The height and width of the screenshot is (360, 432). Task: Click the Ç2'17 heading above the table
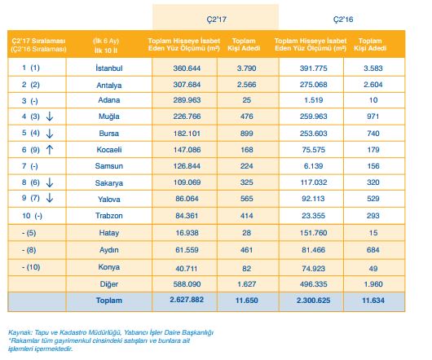tap(216, 20)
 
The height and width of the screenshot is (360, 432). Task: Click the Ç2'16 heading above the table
tap(343, 20)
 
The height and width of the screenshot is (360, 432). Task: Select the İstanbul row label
tap(109, 68)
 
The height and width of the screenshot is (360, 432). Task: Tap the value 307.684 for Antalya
tap(187, 85)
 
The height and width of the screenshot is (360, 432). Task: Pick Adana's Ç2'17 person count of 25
tap(247, 100)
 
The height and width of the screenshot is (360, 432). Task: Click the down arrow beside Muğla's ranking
tap(50, 116)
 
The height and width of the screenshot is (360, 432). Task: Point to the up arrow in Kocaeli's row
tap(50, 150)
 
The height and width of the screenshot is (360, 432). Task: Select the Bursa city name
tap(109, 134)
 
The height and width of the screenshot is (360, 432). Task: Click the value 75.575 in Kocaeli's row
tap(314, 150)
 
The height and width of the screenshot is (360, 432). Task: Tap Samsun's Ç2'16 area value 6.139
tap(314, 166)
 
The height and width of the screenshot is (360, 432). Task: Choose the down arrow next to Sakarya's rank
tap(50, 182)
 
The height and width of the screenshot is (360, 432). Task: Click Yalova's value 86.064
tap(187, 199)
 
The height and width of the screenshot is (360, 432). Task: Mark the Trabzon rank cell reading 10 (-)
tap(32, 216)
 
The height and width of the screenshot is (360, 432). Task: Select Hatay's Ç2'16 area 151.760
tap(314, 233)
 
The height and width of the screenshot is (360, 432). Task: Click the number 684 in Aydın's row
tap(373, 250)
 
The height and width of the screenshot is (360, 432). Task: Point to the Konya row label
tap(109, 267)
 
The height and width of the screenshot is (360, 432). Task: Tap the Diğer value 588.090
tap(187, 284)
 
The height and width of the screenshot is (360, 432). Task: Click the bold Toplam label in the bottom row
tap(109, 301)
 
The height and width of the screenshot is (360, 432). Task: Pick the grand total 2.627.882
tap(187, 300)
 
